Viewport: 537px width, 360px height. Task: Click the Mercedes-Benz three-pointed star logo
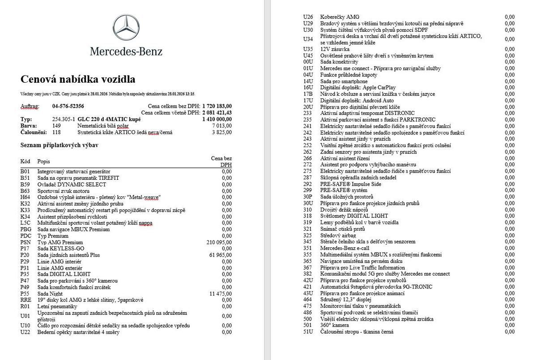point(126,27)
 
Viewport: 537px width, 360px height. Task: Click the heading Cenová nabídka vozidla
point(78,80)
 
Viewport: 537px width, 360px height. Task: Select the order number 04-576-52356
point(68,106)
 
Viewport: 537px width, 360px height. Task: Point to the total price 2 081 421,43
point(217,113)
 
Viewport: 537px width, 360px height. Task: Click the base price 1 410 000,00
point(217,119)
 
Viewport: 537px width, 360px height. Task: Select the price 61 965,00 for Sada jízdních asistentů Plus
point(221,255)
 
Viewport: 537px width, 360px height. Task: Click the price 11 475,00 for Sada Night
point(221,293)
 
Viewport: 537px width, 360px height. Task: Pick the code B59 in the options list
point(25,184)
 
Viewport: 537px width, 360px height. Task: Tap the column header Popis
point(44,161)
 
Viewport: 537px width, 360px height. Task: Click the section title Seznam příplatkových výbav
point(60,145)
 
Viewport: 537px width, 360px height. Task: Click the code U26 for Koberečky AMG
point(308,17)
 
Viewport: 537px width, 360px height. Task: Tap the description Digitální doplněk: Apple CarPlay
point(352,88)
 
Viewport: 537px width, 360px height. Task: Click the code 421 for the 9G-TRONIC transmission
point(307,287)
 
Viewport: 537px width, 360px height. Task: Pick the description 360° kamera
point(335,325)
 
